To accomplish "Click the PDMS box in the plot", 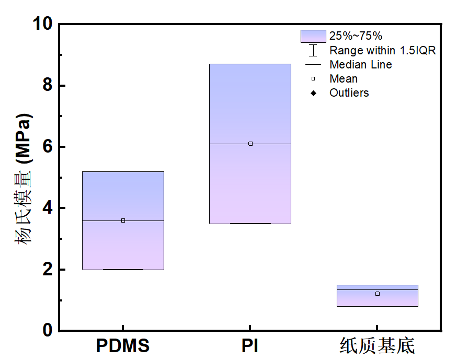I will click(x=123, y=246).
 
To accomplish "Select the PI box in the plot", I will click(x=250, y=183).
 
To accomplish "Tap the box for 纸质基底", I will click(x=377, y=300).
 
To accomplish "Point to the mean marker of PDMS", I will click(x=123, y=220).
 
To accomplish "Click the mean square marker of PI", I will click(x=250, y=144).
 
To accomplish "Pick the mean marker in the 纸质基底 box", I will click(x=378, y=294).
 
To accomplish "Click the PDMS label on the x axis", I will click(x=123, y=346).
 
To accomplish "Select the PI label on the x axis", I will click(x=250, y=346).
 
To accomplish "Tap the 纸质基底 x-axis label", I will click(x=377, y=346).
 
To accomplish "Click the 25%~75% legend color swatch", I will click(x=313, y=36).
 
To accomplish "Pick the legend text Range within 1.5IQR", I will click(x=382, y=51).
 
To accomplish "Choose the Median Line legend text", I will click(x=360, y=65).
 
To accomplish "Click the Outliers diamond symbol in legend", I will click(x=313, y=93).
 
